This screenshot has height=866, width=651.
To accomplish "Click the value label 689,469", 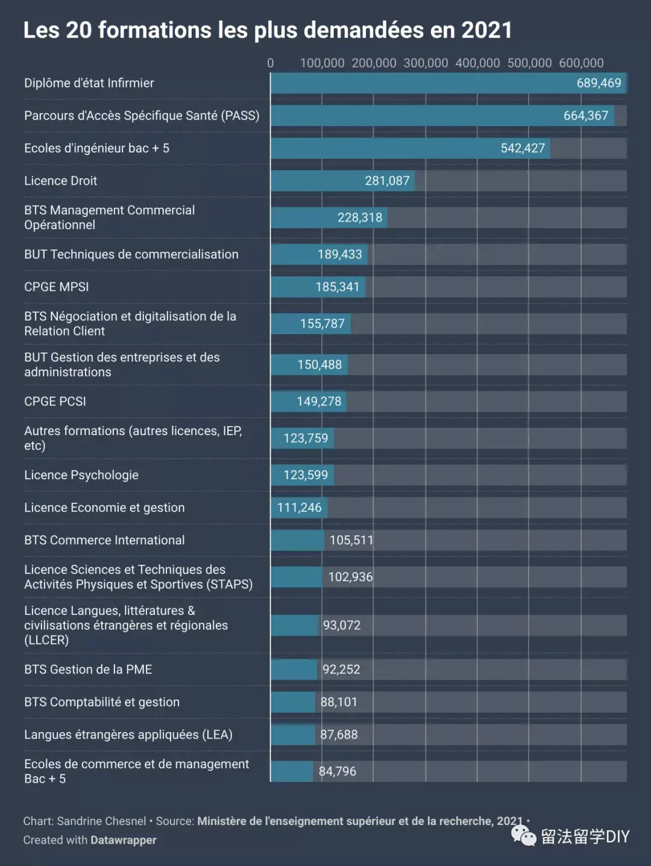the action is point(599,83).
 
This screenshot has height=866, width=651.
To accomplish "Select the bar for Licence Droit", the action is point(342,180).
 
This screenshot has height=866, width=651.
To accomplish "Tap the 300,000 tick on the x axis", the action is point(426,63).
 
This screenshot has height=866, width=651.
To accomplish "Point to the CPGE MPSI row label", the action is point(56,287).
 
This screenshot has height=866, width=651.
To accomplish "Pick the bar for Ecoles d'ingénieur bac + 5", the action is point(410,148).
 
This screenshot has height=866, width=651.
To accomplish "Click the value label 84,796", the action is point(338,771).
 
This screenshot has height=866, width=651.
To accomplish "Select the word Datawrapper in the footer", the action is point(124,840).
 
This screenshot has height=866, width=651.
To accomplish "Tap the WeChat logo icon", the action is point(524,836).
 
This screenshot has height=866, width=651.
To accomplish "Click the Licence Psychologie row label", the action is point(81,475).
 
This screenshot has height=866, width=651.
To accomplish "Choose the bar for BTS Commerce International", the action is point(298,540).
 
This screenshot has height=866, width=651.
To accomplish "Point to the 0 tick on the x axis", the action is point(270,63).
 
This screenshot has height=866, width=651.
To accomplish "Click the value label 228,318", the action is point(360,217).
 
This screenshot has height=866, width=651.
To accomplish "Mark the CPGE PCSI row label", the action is point(55,401).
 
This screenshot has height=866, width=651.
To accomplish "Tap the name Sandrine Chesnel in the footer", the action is point(102,821).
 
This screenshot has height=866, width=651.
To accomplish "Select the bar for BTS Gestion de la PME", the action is point(294,669).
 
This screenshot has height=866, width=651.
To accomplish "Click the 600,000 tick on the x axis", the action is point(581,63).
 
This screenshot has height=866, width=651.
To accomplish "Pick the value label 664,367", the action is point(586,116).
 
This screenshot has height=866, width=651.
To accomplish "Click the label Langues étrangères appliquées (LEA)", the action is point(128,734).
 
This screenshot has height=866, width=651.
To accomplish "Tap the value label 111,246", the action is point(299,508).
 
